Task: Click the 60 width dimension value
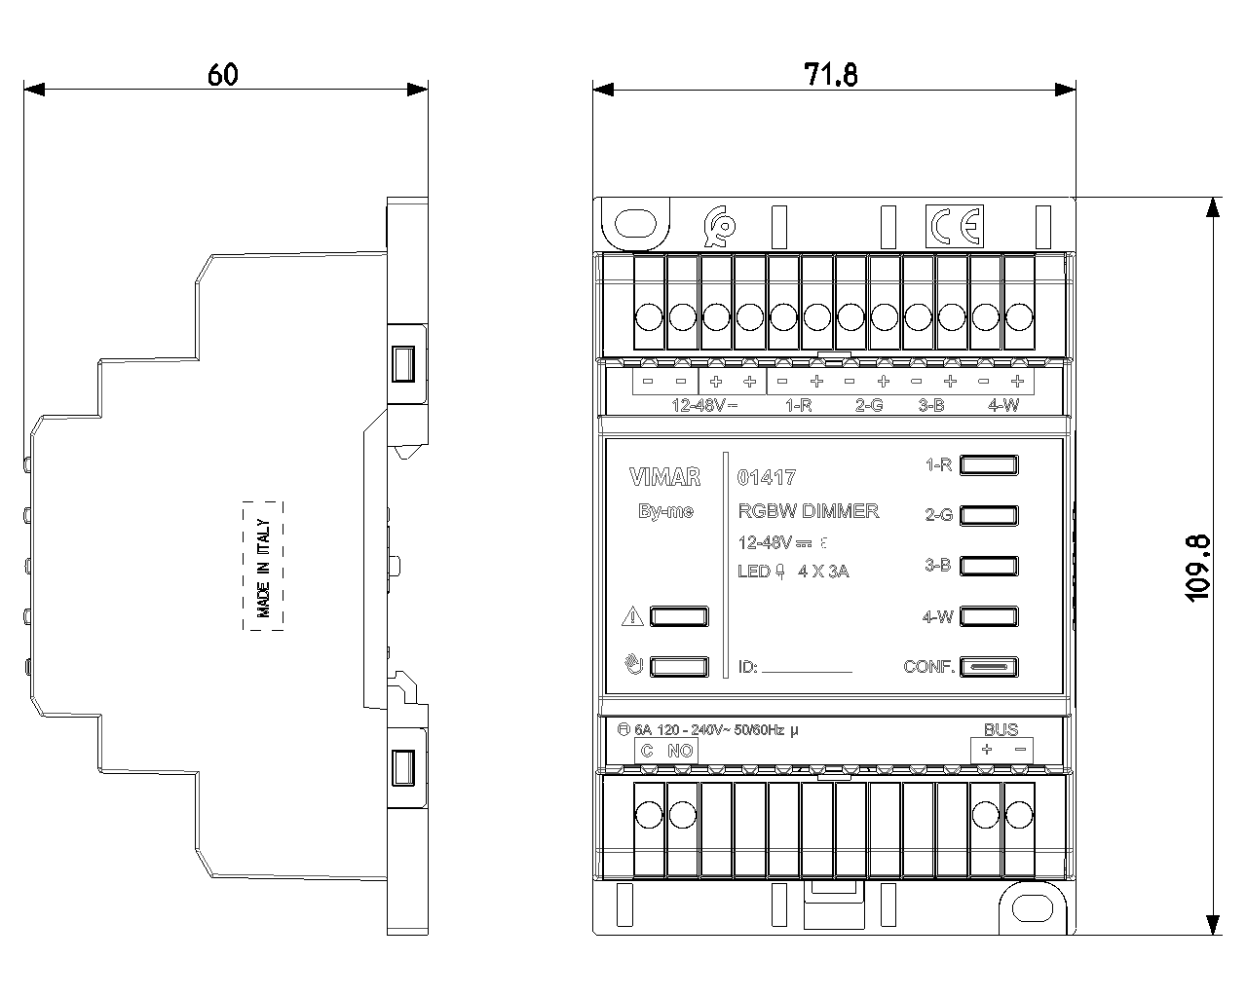[222, 74]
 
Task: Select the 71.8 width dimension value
[830, 74]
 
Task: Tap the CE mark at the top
[954, 226]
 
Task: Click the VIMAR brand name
[664, 477]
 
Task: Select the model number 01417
[767, 477]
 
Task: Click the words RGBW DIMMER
[809, 511]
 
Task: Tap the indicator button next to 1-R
[989, 465]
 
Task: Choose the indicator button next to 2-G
[989, 515]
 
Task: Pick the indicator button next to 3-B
[989, 566]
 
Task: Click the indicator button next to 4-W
[989, 616]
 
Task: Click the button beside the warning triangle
[678, 616]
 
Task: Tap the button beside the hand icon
[678, 667]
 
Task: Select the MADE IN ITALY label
[263, 566]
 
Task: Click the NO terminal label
[680, 751]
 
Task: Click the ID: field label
[748, 668]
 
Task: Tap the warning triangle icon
[631, 616]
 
